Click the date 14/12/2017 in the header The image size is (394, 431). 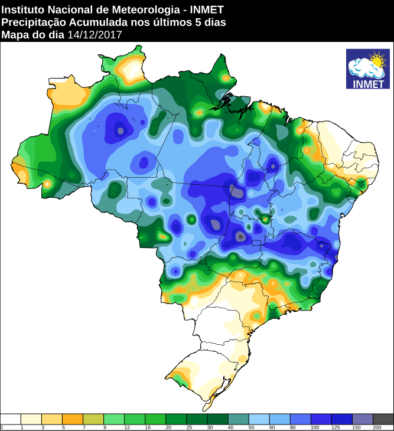click(95, 35)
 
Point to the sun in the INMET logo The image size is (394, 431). click(376, 59)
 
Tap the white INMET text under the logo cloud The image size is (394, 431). click(367, 83)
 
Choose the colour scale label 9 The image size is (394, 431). click(104, 427)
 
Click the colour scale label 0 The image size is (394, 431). click(2, 427)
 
